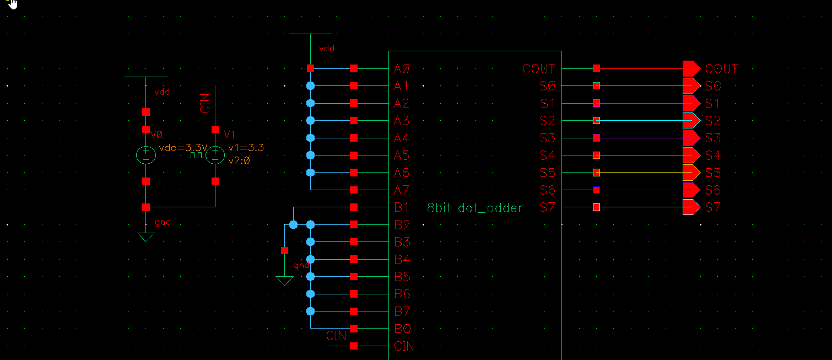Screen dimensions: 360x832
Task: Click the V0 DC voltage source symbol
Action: pos(146,155)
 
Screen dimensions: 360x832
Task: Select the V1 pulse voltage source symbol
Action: pos(215,155)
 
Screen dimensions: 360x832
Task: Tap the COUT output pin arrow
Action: pos(691,68)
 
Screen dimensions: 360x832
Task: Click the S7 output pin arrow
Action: pos(691,207)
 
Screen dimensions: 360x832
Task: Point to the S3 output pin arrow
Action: pos(691,138)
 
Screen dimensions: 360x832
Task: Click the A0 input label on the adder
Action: pos(402,69)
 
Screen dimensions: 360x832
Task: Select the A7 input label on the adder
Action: pos(402,190)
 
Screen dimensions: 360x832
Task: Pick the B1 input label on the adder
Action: pos(402,208)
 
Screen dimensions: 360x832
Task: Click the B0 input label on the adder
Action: pos(402,329)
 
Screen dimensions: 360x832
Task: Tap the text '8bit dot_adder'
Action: pos(475,208)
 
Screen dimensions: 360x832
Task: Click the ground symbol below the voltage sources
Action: pos(146,237)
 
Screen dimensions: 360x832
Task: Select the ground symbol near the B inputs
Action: pos(284,281)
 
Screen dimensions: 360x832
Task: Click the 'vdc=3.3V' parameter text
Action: pos(182,148)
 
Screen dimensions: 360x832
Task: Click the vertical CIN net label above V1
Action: pos(206,103)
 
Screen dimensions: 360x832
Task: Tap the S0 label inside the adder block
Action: pos(547,87)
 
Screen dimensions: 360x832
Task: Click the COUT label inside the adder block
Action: pos(539,69)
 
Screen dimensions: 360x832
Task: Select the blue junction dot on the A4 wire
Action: pos(310,138)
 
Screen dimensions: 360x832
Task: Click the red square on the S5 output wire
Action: pos(596,173)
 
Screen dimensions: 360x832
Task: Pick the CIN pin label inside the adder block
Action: pos(404,346)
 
